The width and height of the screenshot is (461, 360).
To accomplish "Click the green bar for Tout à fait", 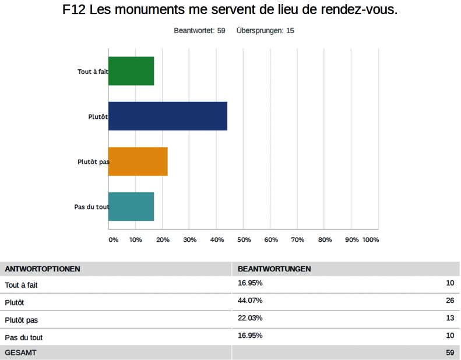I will (131, 71).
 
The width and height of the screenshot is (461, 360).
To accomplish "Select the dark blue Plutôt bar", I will (168, 116).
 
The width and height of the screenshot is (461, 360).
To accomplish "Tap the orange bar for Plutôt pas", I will (138, 161).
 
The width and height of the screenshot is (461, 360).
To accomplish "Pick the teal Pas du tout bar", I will (131, 206).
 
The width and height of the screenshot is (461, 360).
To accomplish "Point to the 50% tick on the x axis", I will (244, 240).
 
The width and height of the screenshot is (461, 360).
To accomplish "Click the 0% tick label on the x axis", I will (113, 240).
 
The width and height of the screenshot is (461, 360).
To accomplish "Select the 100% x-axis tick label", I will (371, 240).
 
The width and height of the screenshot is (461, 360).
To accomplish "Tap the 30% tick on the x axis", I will (189, 240).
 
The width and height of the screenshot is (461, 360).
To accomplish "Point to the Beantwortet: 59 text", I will (199, 30).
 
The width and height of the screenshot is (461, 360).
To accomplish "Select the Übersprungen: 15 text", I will (265, 30).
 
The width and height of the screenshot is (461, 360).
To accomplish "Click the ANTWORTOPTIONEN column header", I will (43, 269).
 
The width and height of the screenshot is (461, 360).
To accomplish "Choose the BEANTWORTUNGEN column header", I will (274, 269).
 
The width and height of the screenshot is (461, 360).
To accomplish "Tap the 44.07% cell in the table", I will (250, 301).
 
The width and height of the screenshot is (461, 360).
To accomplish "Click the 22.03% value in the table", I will (250, 318).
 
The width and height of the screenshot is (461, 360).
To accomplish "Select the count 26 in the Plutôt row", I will (449, 301).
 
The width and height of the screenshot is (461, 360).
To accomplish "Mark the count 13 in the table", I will (449, 318).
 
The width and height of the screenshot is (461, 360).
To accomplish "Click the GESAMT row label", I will (20, 352).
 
